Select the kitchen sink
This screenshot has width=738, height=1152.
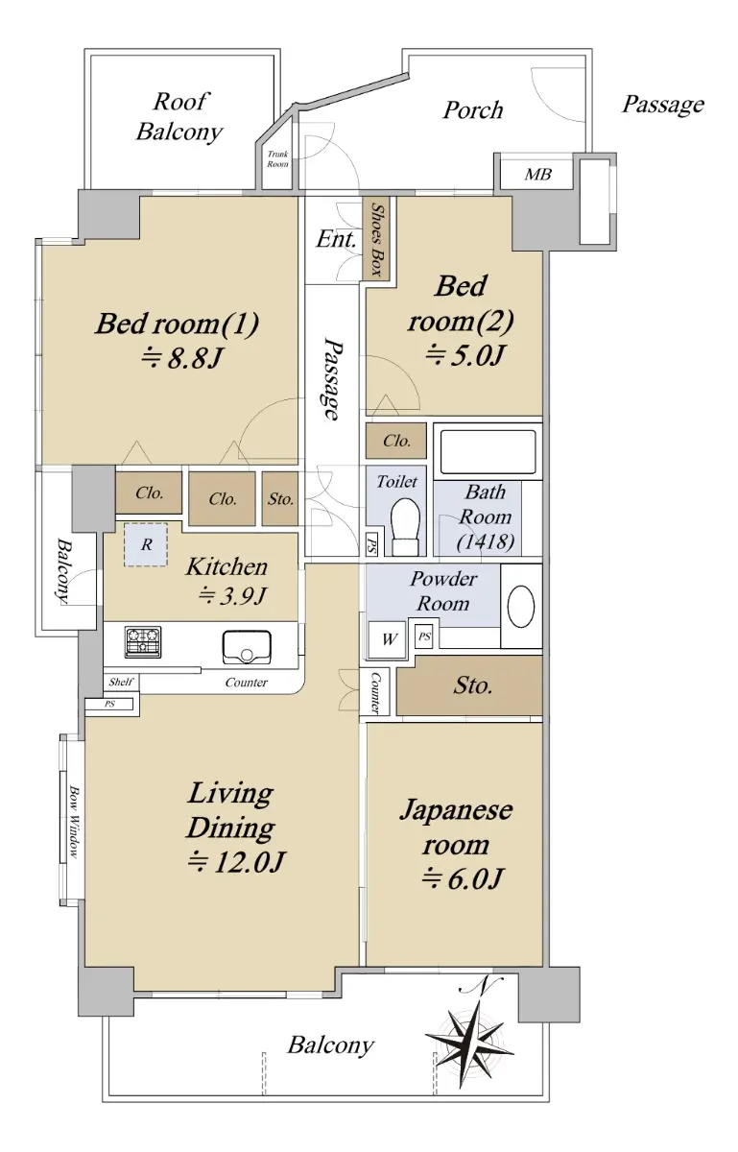247,647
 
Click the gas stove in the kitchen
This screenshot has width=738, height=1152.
143,642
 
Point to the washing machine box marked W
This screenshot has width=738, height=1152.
389,639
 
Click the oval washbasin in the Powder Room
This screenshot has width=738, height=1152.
521,606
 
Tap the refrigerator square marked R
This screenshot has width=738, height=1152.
146,544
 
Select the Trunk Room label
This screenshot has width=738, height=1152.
277,159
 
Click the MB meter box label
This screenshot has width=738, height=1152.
537,175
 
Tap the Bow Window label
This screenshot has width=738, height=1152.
74,822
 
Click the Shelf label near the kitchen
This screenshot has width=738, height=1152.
121,682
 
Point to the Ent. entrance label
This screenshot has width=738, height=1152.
336,239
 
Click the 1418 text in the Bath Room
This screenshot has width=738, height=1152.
486,541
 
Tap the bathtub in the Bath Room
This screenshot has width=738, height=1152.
488,451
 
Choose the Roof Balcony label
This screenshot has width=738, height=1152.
179,116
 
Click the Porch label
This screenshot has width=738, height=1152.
472,110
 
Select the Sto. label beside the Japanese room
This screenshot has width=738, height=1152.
472,685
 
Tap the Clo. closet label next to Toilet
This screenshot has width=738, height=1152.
396,441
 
